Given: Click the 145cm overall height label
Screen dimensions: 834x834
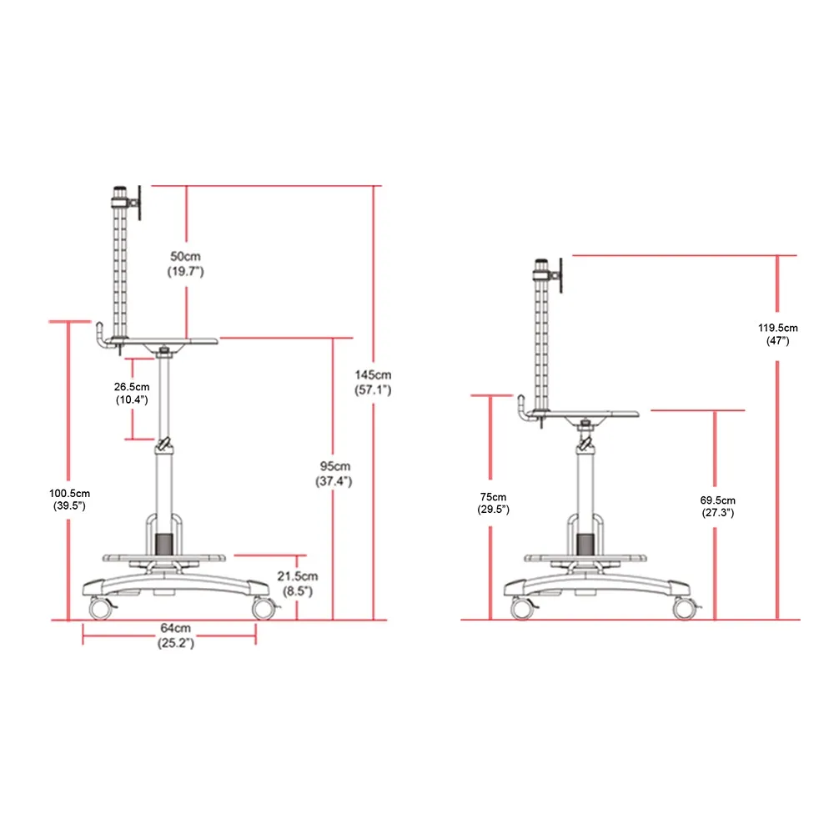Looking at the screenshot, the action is (373, 383).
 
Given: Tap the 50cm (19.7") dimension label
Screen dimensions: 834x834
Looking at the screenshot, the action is (186, 264).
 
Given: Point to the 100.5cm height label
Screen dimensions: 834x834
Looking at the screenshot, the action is (70, 500).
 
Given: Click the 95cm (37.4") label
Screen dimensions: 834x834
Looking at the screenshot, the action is (334, 474).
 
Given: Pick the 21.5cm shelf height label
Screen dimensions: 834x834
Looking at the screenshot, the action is (298, 584).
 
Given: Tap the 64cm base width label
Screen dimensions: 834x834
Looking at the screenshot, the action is (176, 635).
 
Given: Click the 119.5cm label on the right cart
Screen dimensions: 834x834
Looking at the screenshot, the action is (777, 334).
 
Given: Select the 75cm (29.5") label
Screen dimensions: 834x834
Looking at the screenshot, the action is (493, 503).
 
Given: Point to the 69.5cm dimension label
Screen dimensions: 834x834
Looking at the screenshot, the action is (717, 506).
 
